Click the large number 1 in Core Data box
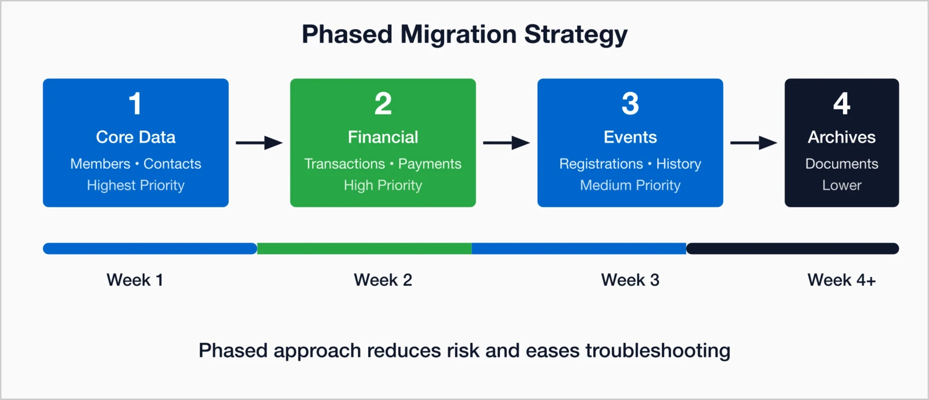point(135,104)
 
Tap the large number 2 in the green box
point(383,104)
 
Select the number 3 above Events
point(630,104)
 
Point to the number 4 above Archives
point(841,104)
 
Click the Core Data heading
point(135,137)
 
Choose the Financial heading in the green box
point(383,137)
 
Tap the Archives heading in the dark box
point(841,137)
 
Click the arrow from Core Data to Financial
point(259,143)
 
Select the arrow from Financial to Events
point(506,143)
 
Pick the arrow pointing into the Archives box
point(754,143)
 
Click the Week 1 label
point(135,280)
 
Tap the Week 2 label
point(383,280)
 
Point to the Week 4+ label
point(841,280)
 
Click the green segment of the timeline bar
point(364,248)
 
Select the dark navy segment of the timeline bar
point(793,248)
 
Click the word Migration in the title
point(458,34)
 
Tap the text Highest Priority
point(135,185)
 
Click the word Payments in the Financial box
point(430,164)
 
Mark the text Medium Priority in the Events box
point(630,185)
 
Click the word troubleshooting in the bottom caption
point(657,351)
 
